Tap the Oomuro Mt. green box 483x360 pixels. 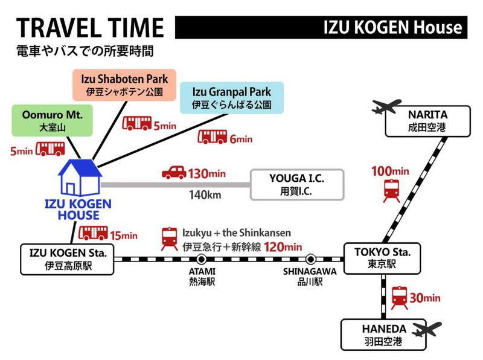pyautogui.click(x=53, y=121)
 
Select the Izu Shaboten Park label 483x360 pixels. pyautogui.click(x=124, y=85)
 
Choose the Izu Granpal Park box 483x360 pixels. pyautogui.click(x=232, y=98)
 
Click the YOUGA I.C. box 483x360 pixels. pyautogui.click(x=297, y=185)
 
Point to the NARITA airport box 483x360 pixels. pyautogui.click(x=428, y=121)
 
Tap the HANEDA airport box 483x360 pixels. pyautogui.click(x=383, y=335)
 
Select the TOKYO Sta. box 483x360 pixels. pyautogui.click(x=382, y=259)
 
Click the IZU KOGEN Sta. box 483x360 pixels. pyautogui.click(x=67, y=259)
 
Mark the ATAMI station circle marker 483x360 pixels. pyautogui.click(x=202, y=259)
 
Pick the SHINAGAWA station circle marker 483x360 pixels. pyautogui.click(x=311, y=259)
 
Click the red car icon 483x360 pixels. pyautogui.click(x=174, y=172)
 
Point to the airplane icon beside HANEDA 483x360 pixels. pyautogui.click(x=427, y=329)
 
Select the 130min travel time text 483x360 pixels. pyautogui.click(x=206, y=174)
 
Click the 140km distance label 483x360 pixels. pyautogui.click(x=205, y=194)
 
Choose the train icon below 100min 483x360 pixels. pyautogui.click(x=391, y=191)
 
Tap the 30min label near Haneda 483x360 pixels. pyautogui.click(x=425, y=298)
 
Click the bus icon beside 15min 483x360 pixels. pyautogui.click(x=94, y=233)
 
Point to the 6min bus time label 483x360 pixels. pyautogui.click(x=241, y=140)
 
